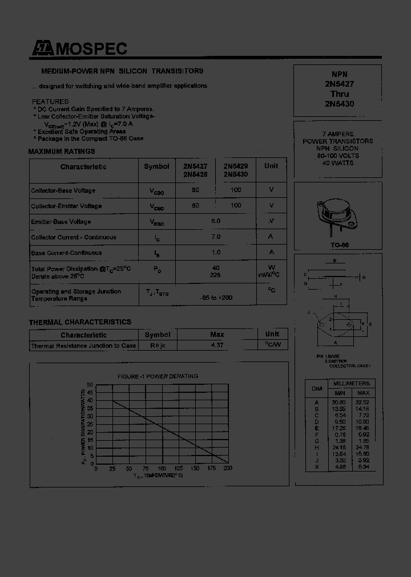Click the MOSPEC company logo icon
point(42,50)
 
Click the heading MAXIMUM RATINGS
point(62,152)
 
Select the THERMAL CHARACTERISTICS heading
point(80,322)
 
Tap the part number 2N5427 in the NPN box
point(340,84)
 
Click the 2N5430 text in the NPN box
point(340,104)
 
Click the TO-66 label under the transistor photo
point(340,245)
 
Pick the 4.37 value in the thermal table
point(217,346)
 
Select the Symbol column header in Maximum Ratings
point(156,166)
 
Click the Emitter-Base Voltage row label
point(61,222)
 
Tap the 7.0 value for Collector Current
point(216,237)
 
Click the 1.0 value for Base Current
point(216,253)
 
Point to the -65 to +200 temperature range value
point(216,298)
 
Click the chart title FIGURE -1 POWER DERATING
point(158,376)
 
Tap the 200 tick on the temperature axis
point(227,469)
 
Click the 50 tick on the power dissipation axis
point(90,385)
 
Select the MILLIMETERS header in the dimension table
point(352,384)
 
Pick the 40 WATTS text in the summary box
point(338,163)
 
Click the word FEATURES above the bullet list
point(50,101)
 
